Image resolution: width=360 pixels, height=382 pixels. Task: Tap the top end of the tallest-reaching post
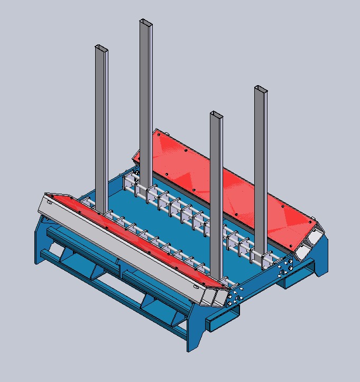(146, 22)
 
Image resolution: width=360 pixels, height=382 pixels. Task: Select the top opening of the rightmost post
(261, 88)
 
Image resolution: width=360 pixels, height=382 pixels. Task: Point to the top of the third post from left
(216, 114)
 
